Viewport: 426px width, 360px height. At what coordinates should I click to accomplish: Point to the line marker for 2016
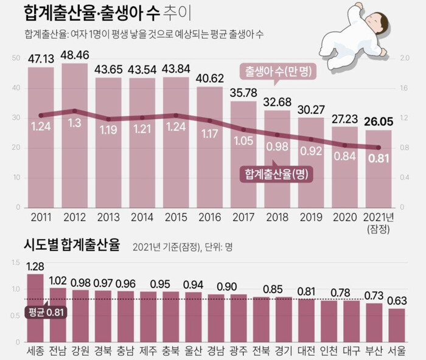tap(209, 120)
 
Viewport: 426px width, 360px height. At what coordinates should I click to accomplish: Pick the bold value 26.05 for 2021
tap(378, 120)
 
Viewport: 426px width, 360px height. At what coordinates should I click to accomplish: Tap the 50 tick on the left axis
tap(16, 58)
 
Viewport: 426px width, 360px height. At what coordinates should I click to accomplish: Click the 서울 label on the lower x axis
tap(397, 351)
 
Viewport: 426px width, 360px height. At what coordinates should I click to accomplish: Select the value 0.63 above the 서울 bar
tap(397, 301)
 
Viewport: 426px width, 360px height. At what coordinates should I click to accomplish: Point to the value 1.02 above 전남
tap(58, 280)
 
